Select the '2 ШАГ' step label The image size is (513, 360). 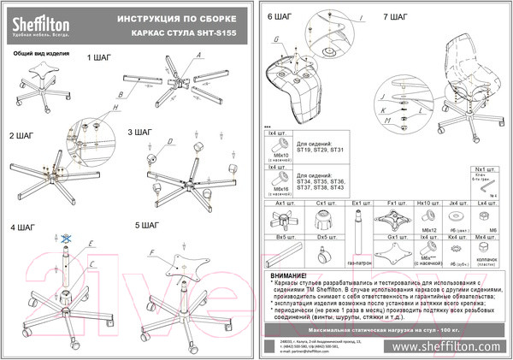(22, 136)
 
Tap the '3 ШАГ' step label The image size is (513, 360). (140, 133)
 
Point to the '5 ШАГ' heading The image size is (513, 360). (148, 225)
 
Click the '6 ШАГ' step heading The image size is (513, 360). (280, 16)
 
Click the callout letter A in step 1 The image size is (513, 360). (198, 56)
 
